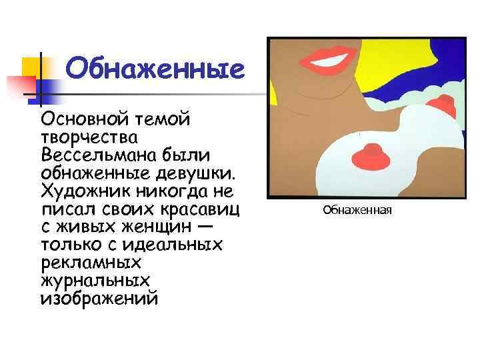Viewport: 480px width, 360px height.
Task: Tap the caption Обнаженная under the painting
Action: pos(357,211)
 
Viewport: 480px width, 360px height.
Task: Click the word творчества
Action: pos(89,138)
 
